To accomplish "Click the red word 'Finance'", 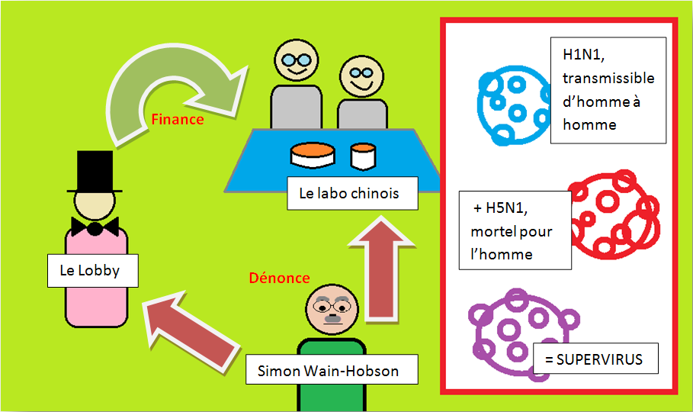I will [x=177, y=120].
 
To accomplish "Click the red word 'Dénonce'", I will [x=279, y=278].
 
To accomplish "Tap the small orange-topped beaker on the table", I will [x=364, y=156].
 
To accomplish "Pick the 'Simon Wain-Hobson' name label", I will [x=332, y=371].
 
